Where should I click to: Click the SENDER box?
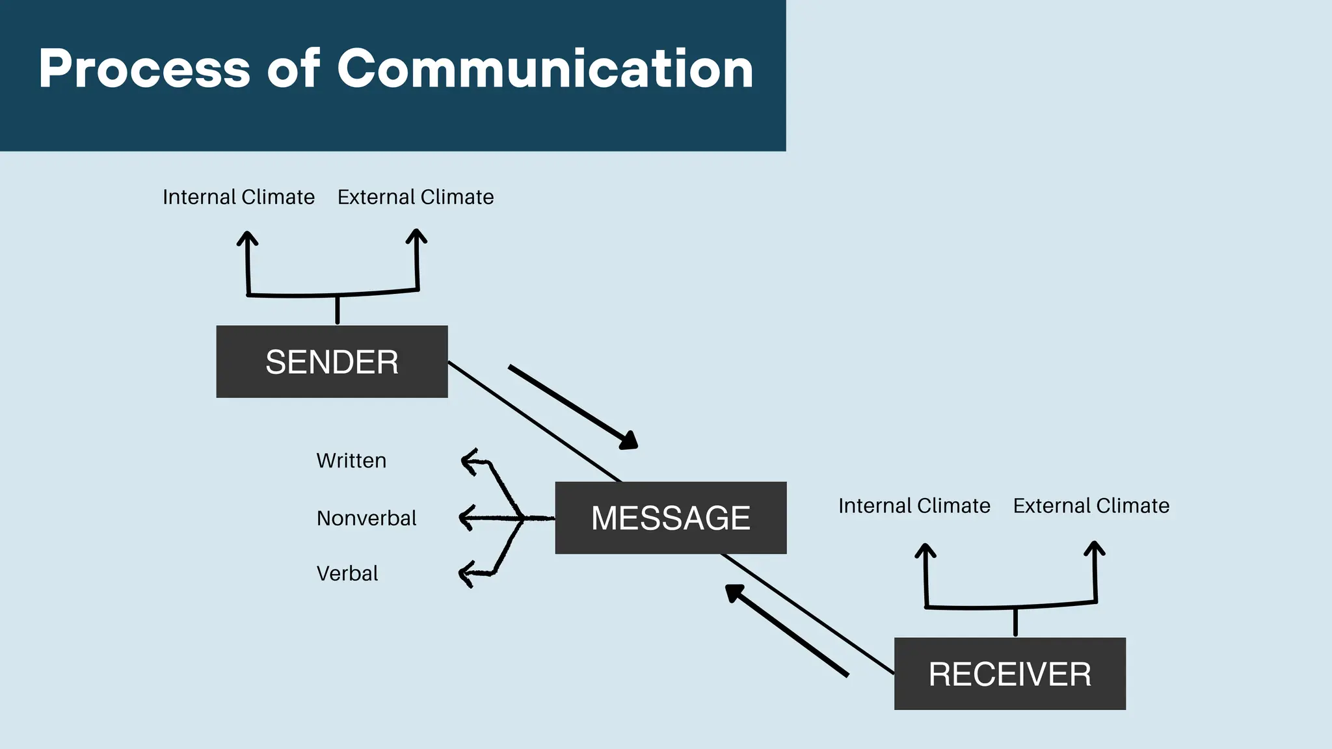pyautogui.click(x=332, y=361)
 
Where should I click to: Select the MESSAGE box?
pyautogui.click(x=671, y=518)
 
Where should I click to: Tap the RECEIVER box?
pyautogui.click(x=1009, y=674)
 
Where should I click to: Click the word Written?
pyautogui.click(x=351, y=460)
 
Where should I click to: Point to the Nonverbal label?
pyautogui.click(x=366, y=518)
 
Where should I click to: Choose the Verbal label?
pyautogui.click(x=347, y=573)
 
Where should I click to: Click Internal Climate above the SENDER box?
pyautogui.click(x=239, y=197)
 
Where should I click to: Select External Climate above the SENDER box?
pyautogui.click(x=416, y=197)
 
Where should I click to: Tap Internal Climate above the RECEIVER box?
pyautogui.click(x=914, y=506)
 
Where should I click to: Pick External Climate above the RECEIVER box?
pyautogui.click(x=1091, y=506)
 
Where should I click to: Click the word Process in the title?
pyautogui.click(x=144, y=69)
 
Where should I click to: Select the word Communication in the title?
pyautogui.click(x=545, y=69)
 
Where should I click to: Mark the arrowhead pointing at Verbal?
pyautogui.click(x=466, y=574)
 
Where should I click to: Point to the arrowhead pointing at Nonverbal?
pyautogui.click(x=466, y=518)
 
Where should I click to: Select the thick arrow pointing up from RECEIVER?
pyautogui.click(x=787, y=631)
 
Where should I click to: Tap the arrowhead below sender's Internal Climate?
pyautogui.click(x=247, y=237)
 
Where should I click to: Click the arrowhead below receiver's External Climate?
pyautogui.click(x=1095, y=548)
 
